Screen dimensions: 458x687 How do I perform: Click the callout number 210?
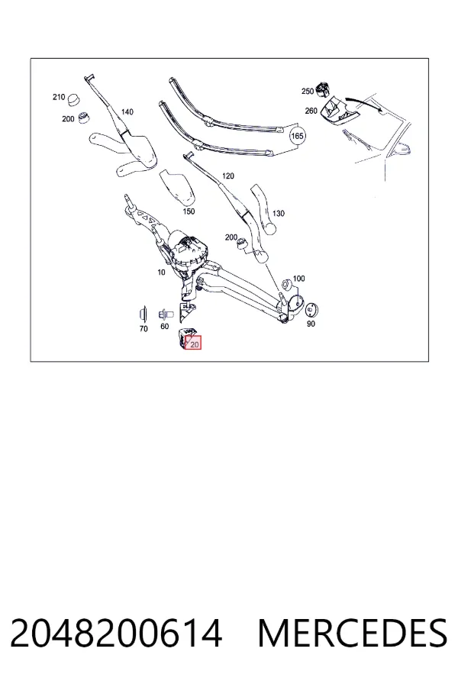[59, 97]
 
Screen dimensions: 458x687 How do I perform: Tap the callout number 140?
[127, 111]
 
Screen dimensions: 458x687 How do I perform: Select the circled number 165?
[297, 136]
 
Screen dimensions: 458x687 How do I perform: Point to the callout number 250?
[308, 91]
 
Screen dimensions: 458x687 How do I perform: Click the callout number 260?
[311, 111]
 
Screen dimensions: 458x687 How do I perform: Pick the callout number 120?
[228, 176]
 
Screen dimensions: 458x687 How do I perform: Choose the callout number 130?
[279, 214]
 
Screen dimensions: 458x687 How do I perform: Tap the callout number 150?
[189, 211]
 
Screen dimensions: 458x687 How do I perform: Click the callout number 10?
[161, 272]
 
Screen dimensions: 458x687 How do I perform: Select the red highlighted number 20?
[195, 344]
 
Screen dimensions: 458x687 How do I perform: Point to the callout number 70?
[144, 328]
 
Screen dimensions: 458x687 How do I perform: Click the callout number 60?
[164, 327]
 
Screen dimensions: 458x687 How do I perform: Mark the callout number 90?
[311, 324]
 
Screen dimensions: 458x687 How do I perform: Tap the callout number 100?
[298, 278]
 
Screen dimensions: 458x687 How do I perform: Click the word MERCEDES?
[353, 634]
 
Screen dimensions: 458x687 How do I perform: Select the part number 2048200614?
[116, 634]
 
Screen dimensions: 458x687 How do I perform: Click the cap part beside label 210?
[74, 99]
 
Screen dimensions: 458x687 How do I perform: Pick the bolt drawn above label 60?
[166, 314]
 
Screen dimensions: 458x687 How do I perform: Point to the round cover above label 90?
[311, 310]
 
